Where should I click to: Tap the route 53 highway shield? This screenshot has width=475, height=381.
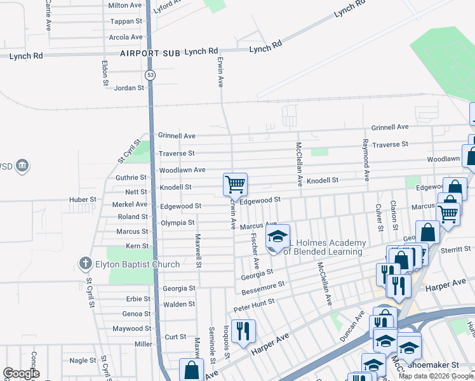(150, 75)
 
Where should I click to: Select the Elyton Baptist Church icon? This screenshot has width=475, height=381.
(86, 263)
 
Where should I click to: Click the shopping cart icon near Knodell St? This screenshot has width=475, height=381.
(235, 185)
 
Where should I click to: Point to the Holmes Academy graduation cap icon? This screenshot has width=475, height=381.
(277, 237)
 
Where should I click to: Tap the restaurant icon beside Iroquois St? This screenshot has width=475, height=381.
(243, 331)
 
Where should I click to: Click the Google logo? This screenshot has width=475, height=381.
(21, 373)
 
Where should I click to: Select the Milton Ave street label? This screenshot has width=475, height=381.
(125, 5)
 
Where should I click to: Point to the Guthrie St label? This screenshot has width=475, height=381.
(131, 178)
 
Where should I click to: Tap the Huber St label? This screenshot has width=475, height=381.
(83, 199)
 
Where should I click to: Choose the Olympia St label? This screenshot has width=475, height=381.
(177, 223)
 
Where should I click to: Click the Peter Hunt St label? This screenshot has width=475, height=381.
(253, 304)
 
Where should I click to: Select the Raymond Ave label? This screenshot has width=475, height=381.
(366, 158)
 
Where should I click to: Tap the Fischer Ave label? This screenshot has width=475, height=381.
(255, 249)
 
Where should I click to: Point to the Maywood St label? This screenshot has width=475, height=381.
(131, 328)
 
